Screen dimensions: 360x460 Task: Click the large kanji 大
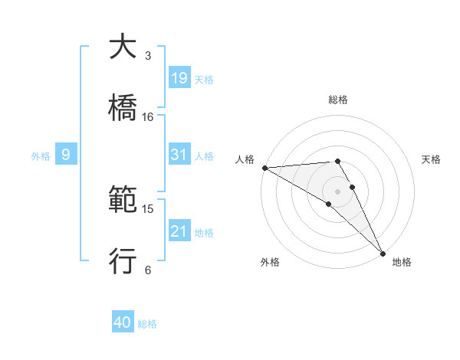coord(123,47)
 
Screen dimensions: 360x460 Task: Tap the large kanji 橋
coord(123,108)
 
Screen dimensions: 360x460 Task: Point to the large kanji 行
coord(123,261)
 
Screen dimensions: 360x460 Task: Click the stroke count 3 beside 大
coord(147,56)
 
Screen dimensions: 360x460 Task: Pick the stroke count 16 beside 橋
coord(148,117)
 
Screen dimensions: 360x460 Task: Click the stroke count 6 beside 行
coord(147,270)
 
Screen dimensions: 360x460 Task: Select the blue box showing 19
coord(179,78)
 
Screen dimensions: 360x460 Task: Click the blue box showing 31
coord(179,155)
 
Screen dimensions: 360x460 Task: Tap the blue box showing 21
coord(179,231)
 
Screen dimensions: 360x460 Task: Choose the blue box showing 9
coord(66,155)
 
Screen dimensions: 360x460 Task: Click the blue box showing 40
coord(123,323)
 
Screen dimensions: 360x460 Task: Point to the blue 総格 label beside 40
coord(147,324)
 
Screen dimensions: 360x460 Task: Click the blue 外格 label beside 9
coord(41,155)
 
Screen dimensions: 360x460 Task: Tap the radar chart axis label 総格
coord(337,100)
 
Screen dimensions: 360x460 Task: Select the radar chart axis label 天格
coord(431,159)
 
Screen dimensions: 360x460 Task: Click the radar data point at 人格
coord(264,168)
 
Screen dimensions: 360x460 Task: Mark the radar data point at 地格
coord(383,253)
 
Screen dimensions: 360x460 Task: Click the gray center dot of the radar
coord(337,191)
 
